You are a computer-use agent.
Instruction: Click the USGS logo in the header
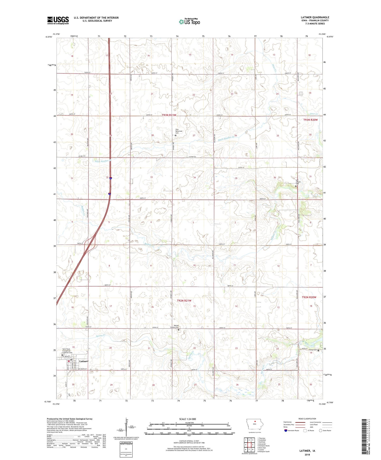coord(58,20)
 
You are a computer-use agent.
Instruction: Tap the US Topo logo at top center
coord(189,22)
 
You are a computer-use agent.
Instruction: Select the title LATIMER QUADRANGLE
coord(314,17)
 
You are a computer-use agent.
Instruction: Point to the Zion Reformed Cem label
coord(179,131)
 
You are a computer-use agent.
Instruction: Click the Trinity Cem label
coord(312,350)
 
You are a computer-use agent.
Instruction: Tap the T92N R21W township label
coord(184,301)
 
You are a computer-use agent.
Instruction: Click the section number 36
coord(274,178)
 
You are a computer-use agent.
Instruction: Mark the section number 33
coord(151,177)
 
